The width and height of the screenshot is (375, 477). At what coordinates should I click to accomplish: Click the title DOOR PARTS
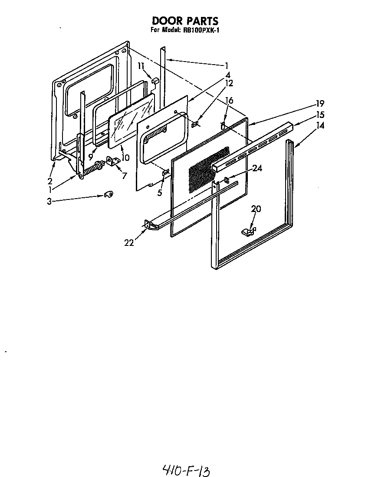click(184, 21)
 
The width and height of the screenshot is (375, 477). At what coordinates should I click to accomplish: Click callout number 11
click(140, 66)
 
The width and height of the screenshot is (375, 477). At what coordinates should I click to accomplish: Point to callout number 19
click(320, 104)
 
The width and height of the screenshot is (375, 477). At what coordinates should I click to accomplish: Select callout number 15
click(320, 115)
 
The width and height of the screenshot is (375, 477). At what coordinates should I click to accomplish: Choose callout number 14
click(320, 126)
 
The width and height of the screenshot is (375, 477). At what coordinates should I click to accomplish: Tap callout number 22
click(129, 242)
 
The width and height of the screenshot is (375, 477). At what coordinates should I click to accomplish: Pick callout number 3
click(49, 201)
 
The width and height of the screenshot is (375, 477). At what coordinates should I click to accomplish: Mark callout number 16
click(229, 101)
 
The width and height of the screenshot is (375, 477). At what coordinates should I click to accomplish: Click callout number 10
click(125, 158)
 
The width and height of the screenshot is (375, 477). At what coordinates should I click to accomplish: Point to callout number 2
click(50, 181)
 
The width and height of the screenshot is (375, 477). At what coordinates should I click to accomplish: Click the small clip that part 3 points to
click(108, 195)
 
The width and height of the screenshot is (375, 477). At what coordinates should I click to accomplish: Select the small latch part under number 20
click(249, 231)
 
